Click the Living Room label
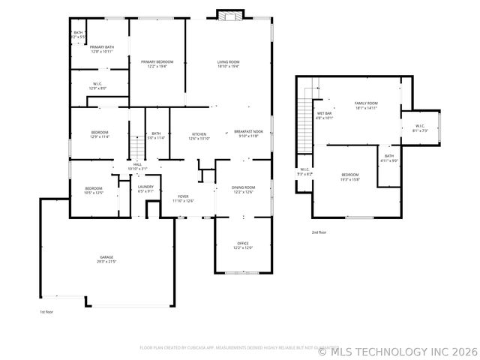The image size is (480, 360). [228, 62]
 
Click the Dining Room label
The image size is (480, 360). [243, 188]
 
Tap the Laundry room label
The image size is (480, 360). [145, 188]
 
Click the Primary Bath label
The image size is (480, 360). [102, 49]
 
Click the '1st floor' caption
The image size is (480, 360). [47, 312]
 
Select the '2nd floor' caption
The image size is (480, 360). [319, 232]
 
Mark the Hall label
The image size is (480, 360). [137, 166]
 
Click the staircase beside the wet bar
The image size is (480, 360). [304, 120]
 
